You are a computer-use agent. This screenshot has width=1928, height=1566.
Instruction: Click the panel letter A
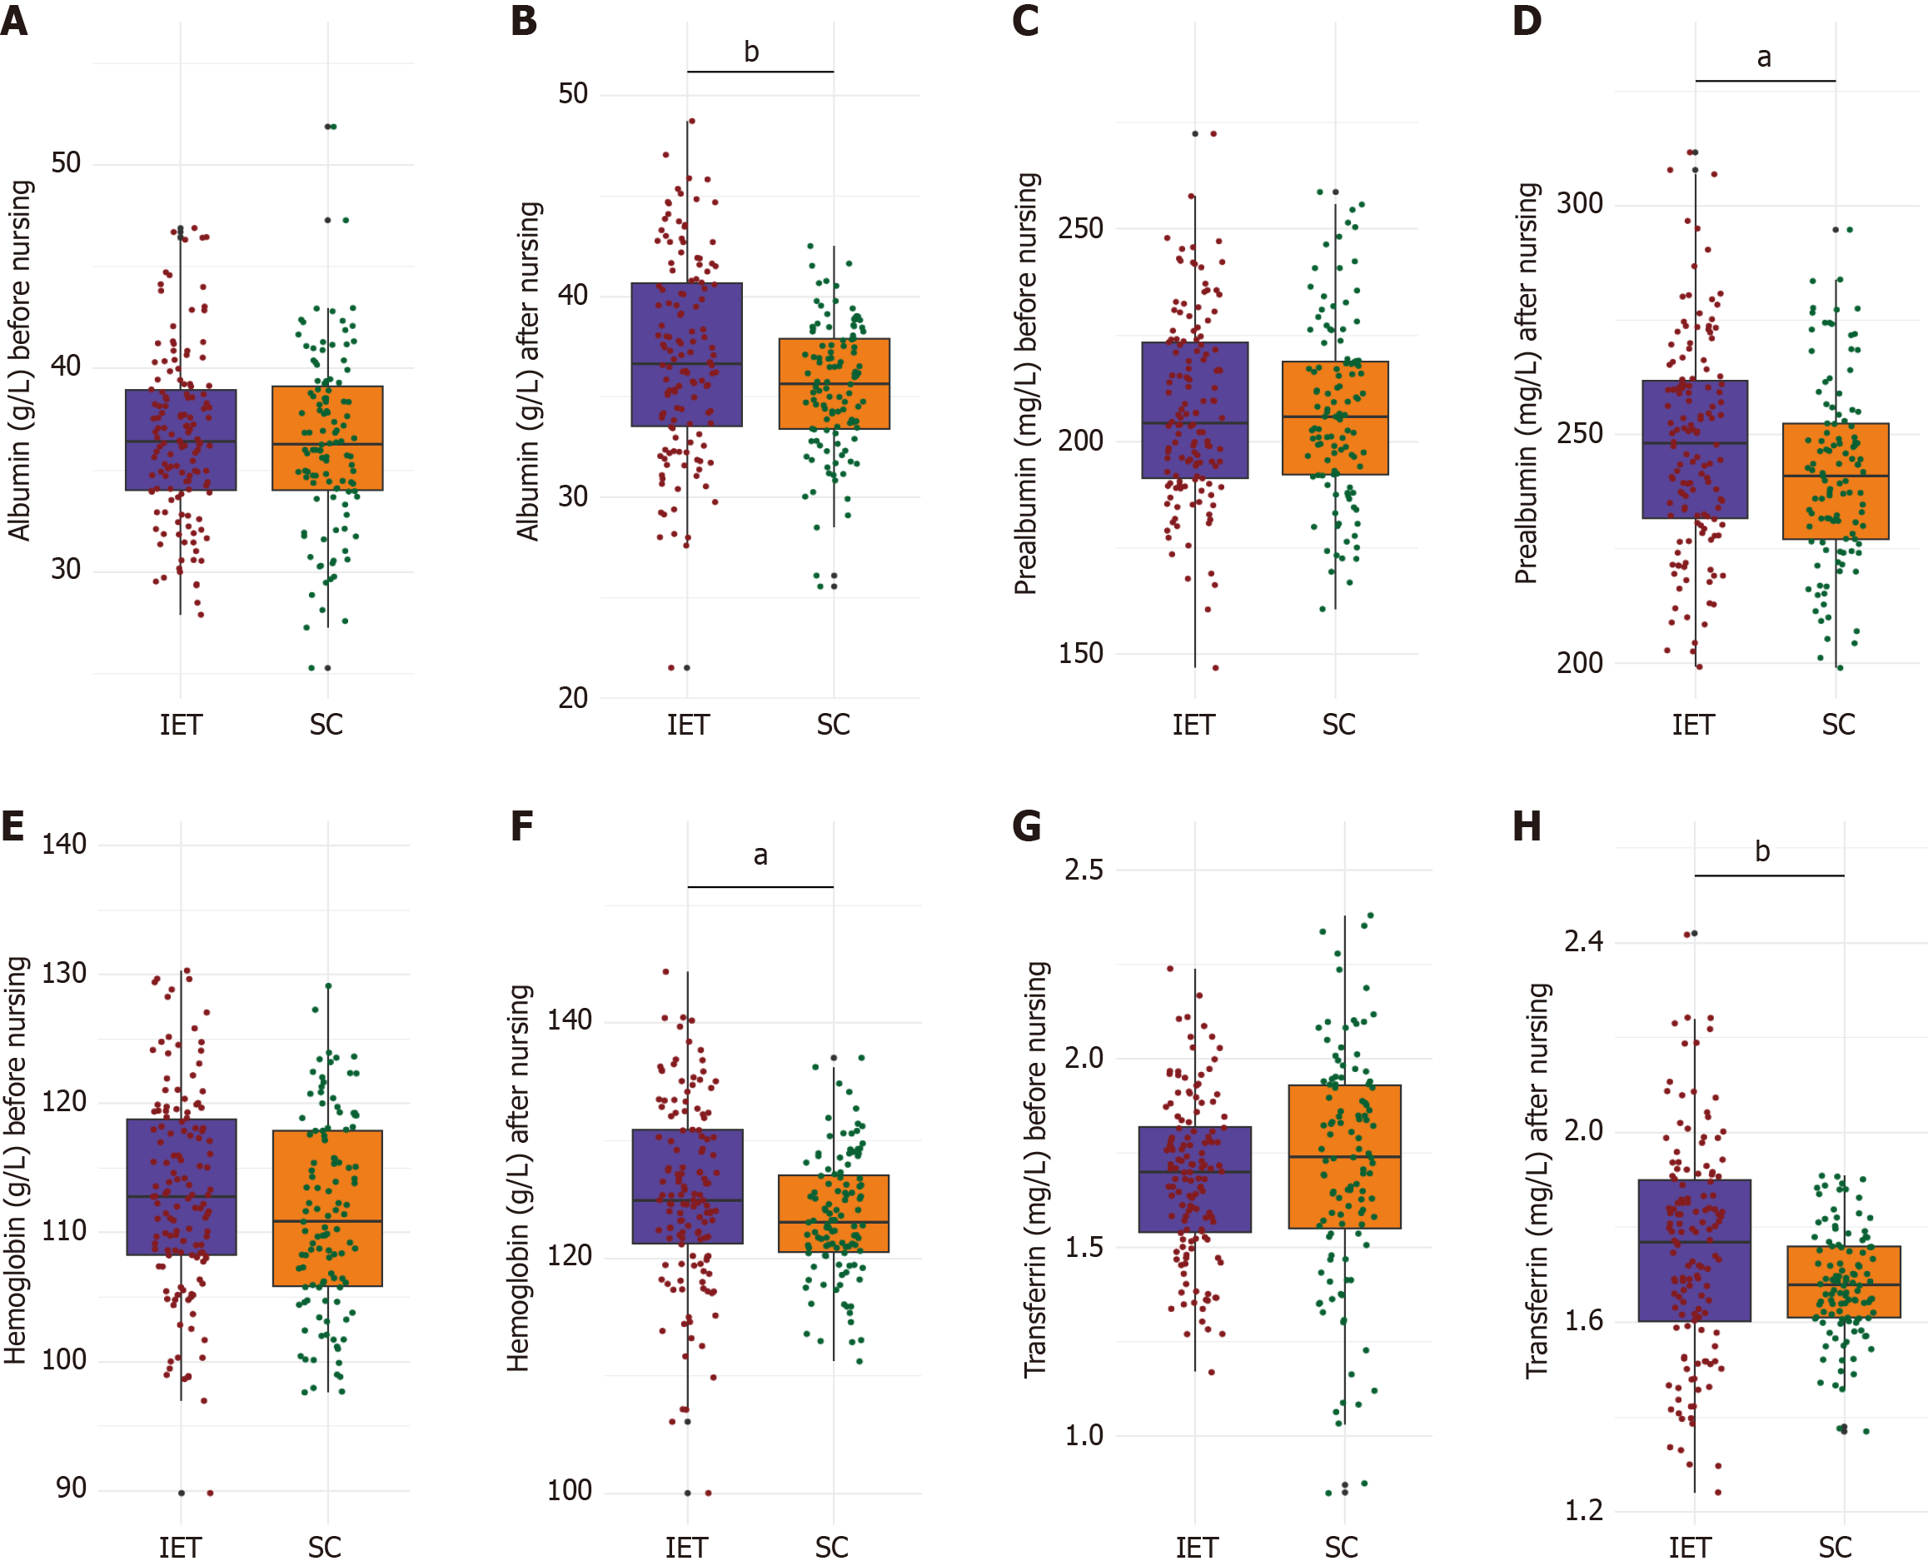coord(14,20)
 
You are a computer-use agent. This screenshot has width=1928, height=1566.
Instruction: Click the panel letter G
coord(1026,826)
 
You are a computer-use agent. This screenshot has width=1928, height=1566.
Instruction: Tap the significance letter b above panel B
coord(751,52)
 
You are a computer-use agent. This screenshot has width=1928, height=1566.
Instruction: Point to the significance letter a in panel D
coord(1764,57)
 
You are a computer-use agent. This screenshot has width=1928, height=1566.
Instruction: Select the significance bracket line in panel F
coord(760,887)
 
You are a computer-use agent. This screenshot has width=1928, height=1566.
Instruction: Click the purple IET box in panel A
coord(181,440)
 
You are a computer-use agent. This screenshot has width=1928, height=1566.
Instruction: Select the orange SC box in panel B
coord(834,383)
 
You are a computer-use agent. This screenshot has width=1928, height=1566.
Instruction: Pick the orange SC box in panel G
coord(1344,1156)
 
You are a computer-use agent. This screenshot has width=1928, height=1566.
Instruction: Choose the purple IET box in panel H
coord(1695,1250)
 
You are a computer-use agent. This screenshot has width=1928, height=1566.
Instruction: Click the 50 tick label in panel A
coord(66,163)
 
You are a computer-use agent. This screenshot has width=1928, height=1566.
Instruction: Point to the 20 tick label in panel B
coord(573,698)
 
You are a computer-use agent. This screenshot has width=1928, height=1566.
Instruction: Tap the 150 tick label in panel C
coord(1080,653)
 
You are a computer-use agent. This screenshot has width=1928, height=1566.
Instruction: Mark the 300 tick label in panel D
coord(1580,203)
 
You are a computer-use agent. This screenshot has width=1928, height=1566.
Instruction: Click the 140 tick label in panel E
coord(64,845)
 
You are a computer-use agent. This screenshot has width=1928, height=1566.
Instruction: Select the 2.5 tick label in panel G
coord(1083,870)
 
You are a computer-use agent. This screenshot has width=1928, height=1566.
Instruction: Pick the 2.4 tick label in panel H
coord(1583,942)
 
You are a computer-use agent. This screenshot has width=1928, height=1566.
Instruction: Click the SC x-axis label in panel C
coord(1339,725)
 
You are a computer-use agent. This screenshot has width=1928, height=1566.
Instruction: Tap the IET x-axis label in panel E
coord(179,1548)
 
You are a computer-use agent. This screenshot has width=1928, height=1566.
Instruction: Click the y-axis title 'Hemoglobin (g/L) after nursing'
coord(519,1178)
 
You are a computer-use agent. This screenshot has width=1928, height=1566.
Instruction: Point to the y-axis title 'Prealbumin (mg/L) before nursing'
coord(1026,383)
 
